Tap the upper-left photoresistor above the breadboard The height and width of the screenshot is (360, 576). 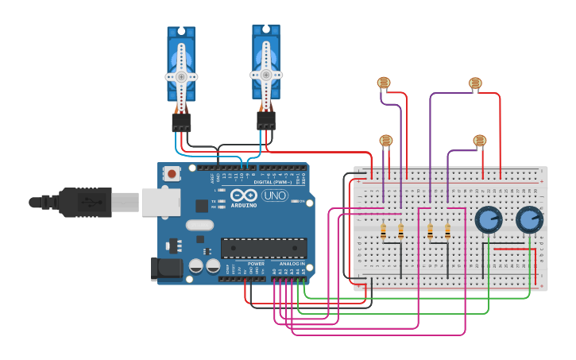(x=384, y=82)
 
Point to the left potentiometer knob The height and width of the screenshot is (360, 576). (x=488, y=219)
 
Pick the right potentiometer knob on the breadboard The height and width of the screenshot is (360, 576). (x=529, y=219)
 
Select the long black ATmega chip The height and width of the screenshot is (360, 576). (x=263, y=248)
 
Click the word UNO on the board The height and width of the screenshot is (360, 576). (x=275, y=195)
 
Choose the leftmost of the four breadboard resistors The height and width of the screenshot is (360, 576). (x=384, y=231)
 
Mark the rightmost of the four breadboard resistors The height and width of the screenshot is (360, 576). (x=447, y=231)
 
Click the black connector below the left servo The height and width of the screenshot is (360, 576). (x=181, y=122)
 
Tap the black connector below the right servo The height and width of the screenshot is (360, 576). (x=266, y=120)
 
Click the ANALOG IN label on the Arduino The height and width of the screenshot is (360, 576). (x=290, y=264)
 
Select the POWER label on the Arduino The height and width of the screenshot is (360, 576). (x=256, y=264)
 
